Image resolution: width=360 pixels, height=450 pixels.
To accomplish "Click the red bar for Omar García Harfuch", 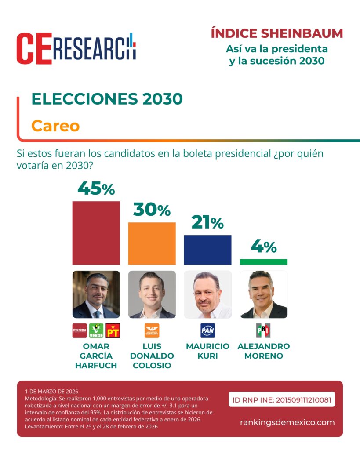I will [96, 233].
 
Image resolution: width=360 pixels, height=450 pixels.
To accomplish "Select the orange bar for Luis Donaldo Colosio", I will [152, 243].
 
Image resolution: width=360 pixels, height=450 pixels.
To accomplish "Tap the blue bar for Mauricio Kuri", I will [207, 250].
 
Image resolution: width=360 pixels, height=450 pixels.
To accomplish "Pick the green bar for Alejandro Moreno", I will [263, 262].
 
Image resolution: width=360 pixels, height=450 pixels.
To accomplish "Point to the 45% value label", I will [96, 189].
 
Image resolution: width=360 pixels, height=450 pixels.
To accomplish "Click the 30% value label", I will [152, 210].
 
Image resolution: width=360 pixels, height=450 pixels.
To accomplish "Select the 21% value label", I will [207, 223].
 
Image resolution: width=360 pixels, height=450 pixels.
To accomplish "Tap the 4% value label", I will [263, 247].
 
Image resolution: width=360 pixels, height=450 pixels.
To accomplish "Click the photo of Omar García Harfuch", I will [96, 294].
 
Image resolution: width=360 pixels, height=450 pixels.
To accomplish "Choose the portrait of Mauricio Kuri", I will [207, 294].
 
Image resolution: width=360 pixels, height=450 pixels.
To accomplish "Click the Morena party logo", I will [80, 330].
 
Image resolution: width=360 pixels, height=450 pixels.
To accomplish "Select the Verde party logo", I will [96, 330].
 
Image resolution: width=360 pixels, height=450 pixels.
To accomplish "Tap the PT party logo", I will [113, 330].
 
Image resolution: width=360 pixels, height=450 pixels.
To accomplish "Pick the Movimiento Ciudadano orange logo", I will [152, 330].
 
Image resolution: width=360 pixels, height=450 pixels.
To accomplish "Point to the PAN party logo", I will [207, 330].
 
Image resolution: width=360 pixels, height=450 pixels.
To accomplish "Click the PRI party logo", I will [263, 330].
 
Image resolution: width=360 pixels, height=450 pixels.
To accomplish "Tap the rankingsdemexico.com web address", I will [287, 422].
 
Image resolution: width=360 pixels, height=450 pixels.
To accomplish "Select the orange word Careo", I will [55, 126].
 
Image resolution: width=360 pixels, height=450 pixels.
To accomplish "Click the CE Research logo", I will [76, 48].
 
